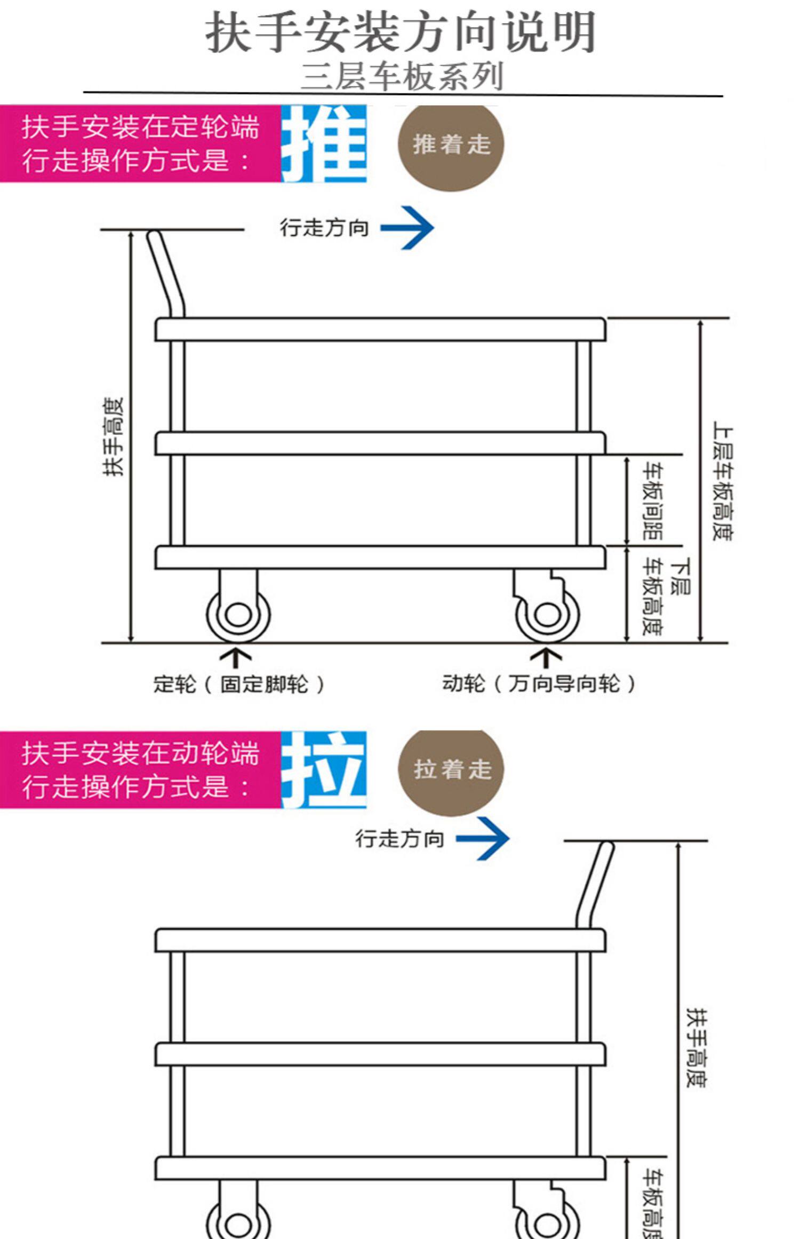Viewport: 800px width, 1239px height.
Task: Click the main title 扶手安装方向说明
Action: [x=401, y=33]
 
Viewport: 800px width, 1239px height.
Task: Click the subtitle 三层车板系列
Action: [x=402, y=77]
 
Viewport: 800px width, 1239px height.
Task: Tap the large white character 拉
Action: [x=324, y=769]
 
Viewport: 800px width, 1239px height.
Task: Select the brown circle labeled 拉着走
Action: [x=451, y=769]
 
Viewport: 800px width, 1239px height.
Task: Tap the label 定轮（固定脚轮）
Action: [x=239, y=684]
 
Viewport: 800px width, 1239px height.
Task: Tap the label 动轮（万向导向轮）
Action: [x=539, y=684]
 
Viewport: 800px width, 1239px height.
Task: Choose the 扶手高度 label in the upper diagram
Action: [x=114, y=436]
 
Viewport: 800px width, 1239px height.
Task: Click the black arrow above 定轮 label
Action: [x=236, y=657]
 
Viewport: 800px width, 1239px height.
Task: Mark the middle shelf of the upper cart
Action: [x=380, y=443]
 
